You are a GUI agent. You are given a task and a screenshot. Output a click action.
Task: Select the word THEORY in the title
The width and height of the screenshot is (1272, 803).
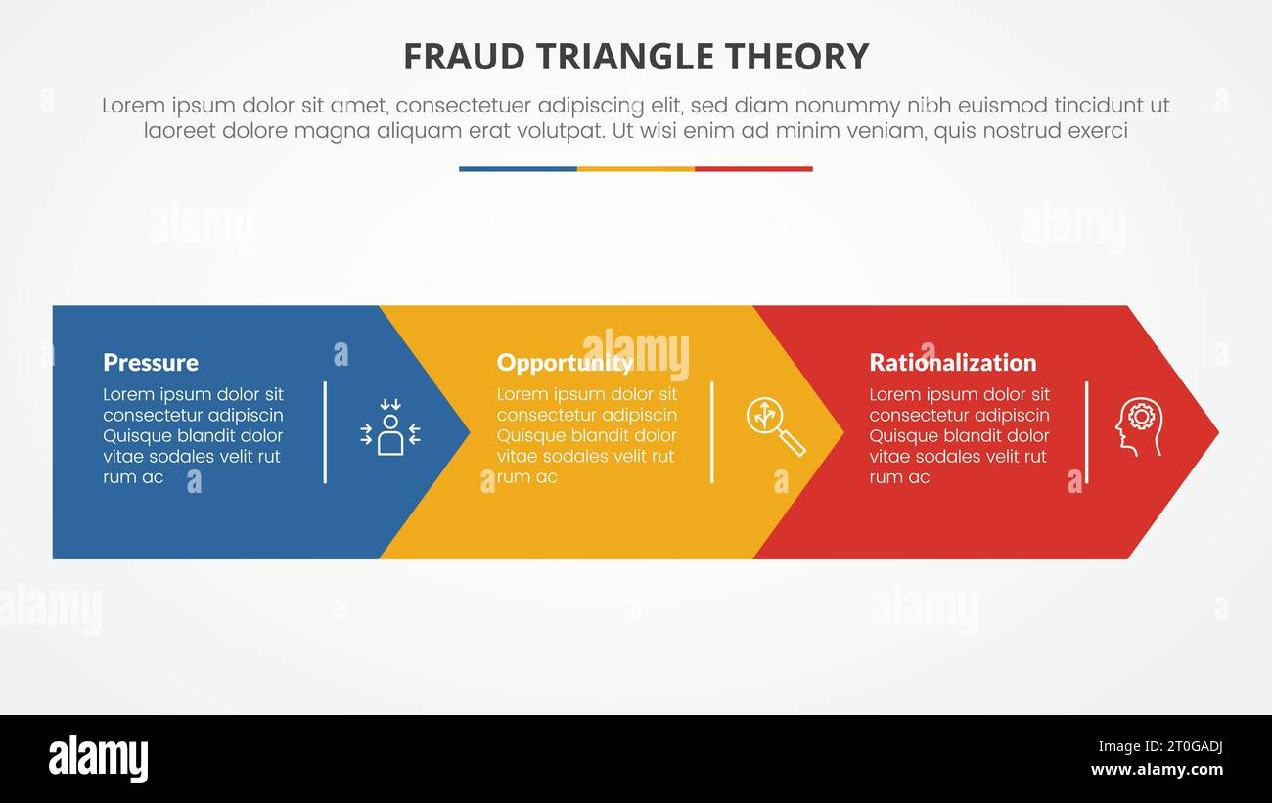tap(808, 57)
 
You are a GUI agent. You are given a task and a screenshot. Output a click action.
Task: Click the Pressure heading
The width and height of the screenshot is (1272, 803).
tap(151, 363)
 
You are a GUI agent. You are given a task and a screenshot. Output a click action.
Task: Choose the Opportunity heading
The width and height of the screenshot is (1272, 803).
tap(565, 363)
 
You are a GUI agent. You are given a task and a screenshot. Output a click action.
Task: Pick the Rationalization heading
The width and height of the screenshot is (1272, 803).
tap(952, 363)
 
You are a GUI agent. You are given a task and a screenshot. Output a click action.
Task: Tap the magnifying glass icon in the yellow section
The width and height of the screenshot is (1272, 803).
tap(775, 426)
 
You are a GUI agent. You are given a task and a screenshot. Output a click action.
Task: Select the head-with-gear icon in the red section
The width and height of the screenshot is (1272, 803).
tap(1139, 426)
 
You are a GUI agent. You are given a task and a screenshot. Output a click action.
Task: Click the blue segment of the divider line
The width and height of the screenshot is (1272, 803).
tap(518, 169)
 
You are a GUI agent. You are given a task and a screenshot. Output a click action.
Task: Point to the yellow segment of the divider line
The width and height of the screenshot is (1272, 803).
tap(636, 169)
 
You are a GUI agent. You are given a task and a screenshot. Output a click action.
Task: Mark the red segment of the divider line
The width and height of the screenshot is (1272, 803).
tap(753, 169)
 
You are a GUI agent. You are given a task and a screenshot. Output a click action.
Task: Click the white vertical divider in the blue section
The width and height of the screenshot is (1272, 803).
tap(325, 432)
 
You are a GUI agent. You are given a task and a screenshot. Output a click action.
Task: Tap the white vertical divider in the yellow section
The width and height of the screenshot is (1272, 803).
tap(711, 432)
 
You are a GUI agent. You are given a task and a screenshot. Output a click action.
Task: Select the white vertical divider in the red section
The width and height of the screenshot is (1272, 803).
tap(1086, 432)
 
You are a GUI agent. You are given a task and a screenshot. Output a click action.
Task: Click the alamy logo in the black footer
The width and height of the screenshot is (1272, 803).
tap(98, 759)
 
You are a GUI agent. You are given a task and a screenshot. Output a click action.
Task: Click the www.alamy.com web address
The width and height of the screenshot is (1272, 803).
tap(1157, 770)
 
